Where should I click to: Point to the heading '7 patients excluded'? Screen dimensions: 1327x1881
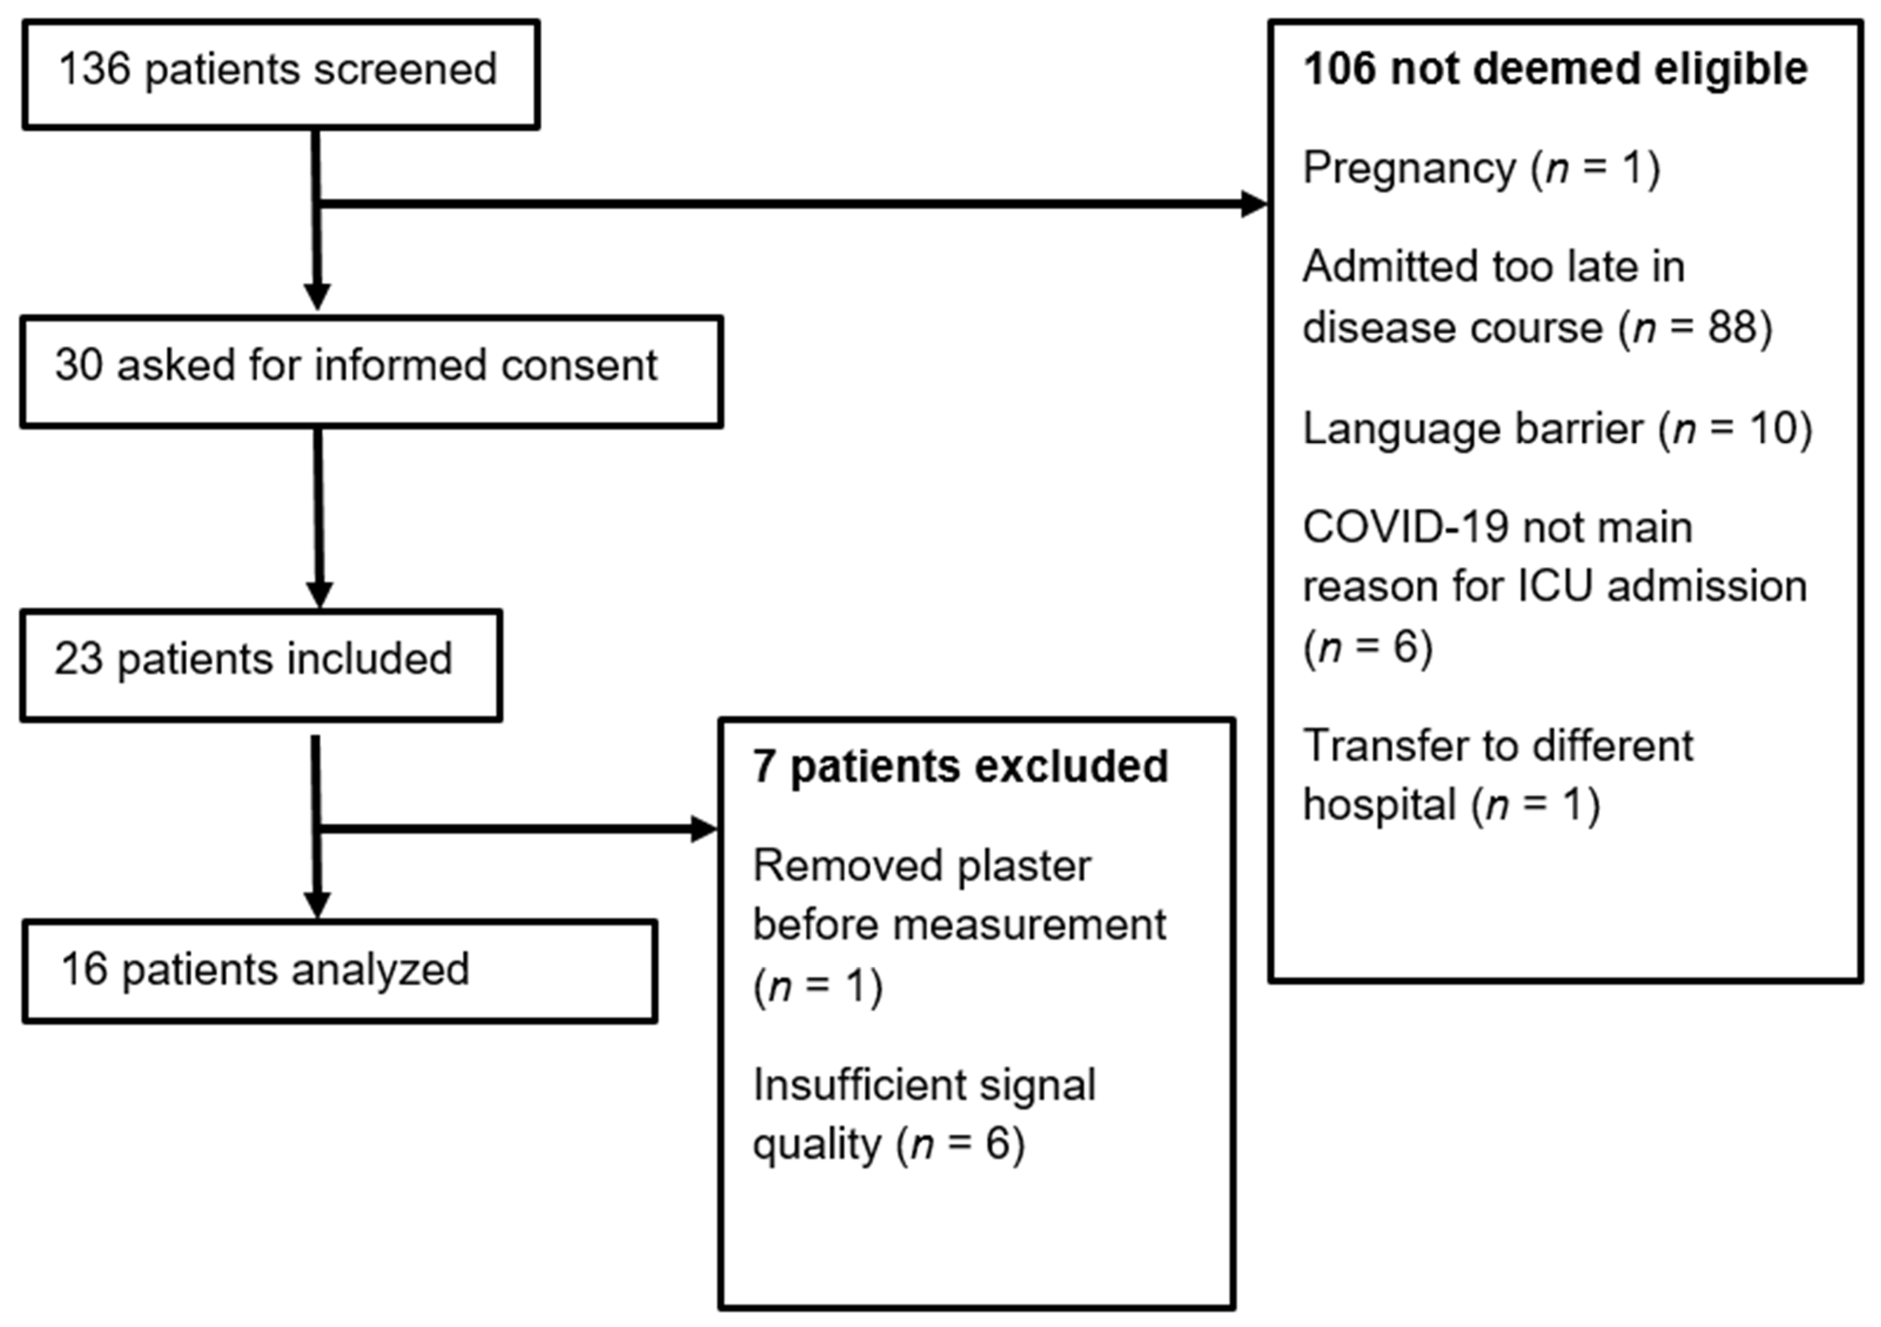point(960,767)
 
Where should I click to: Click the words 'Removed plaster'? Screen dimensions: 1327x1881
point(922,866)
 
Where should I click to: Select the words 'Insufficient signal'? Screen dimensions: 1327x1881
point(923,1085)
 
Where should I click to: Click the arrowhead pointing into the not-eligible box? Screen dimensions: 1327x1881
point(1253,204)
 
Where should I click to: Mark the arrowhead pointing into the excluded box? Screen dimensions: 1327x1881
point(704,829)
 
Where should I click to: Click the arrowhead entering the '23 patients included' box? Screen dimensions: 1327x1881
point(319,595)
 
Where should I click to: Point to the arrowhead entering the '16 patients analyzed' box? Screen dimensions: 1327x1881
point(317,904)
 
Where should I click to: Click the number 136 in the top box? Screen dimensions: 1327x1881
point(94,69)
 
